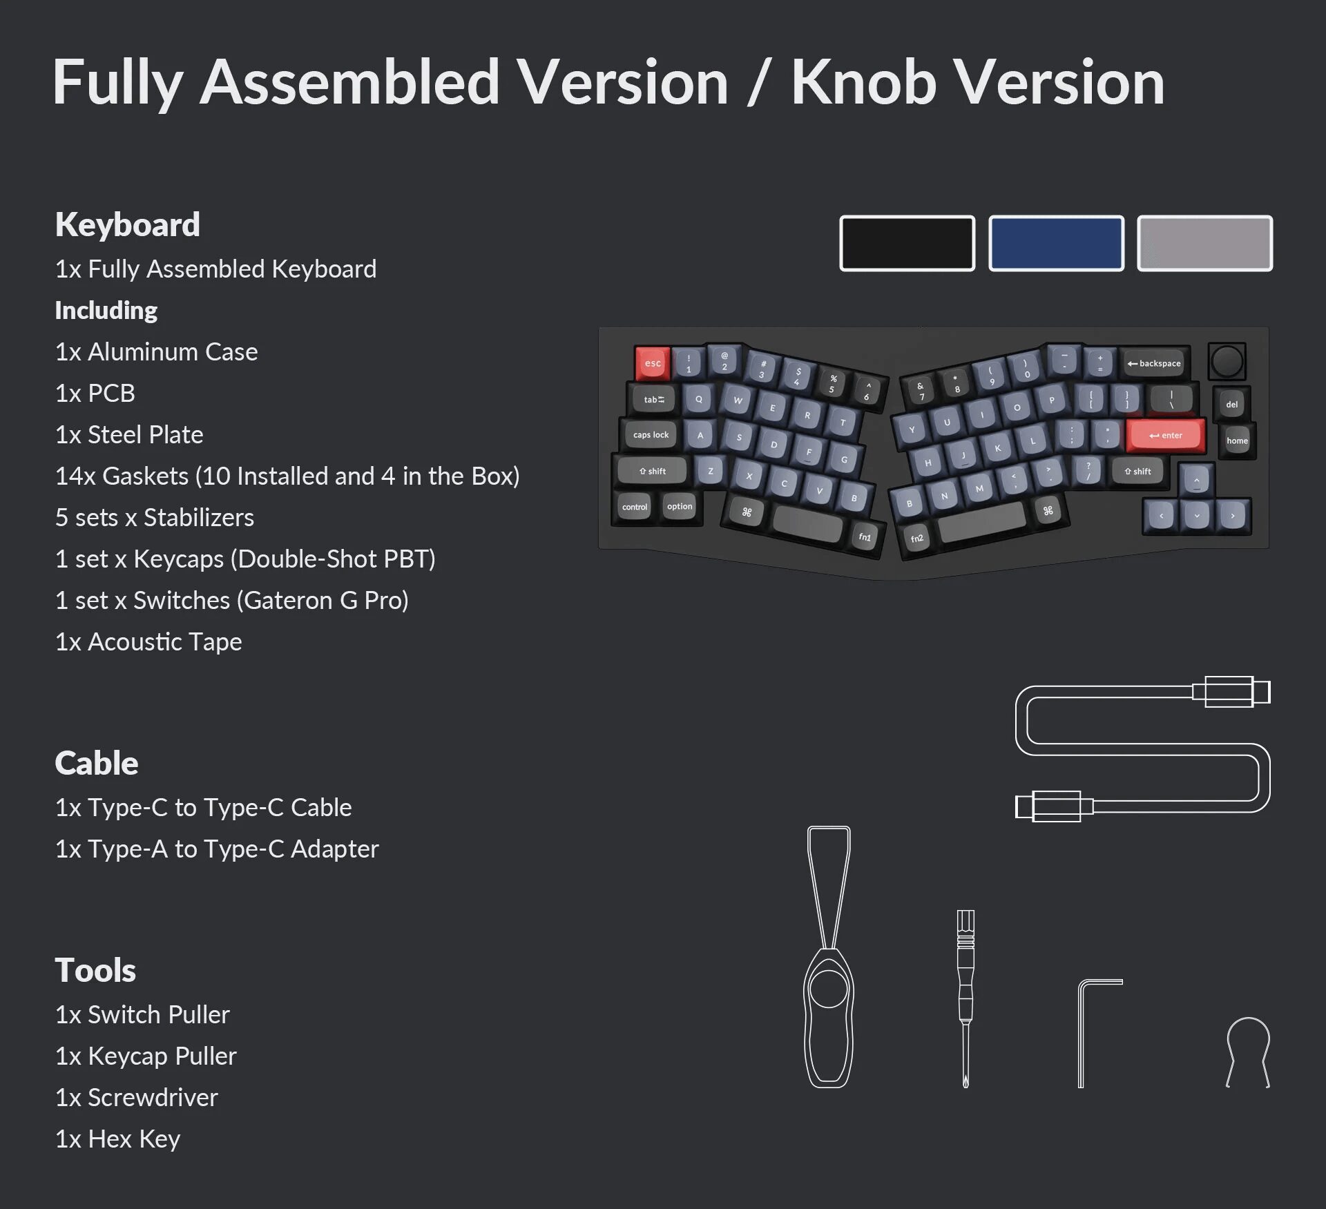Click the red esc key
tap(653, 362)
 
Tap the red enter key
tap(1166, 435)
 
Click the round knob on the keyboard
tap(1227, 360)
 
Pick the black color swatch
tap(907, 243)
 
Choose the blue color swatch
tap(1056, 243)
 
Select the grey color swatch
tap(1204, 243)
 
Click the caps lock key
tap(651, 434)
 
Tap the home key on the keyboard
tap(1237, 441)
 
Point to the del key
tap(1231, 404)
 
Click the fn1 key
tap(865, 536)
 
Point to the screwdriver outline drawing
tap(965, 998)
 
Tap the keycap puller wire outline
tap(1248, 1050)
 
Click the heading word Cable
tap(97, 763)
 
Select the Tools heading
tap(95, 970)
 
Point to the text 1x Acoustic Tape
tap(148, 641)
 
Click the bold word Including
tap(106, 310)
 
